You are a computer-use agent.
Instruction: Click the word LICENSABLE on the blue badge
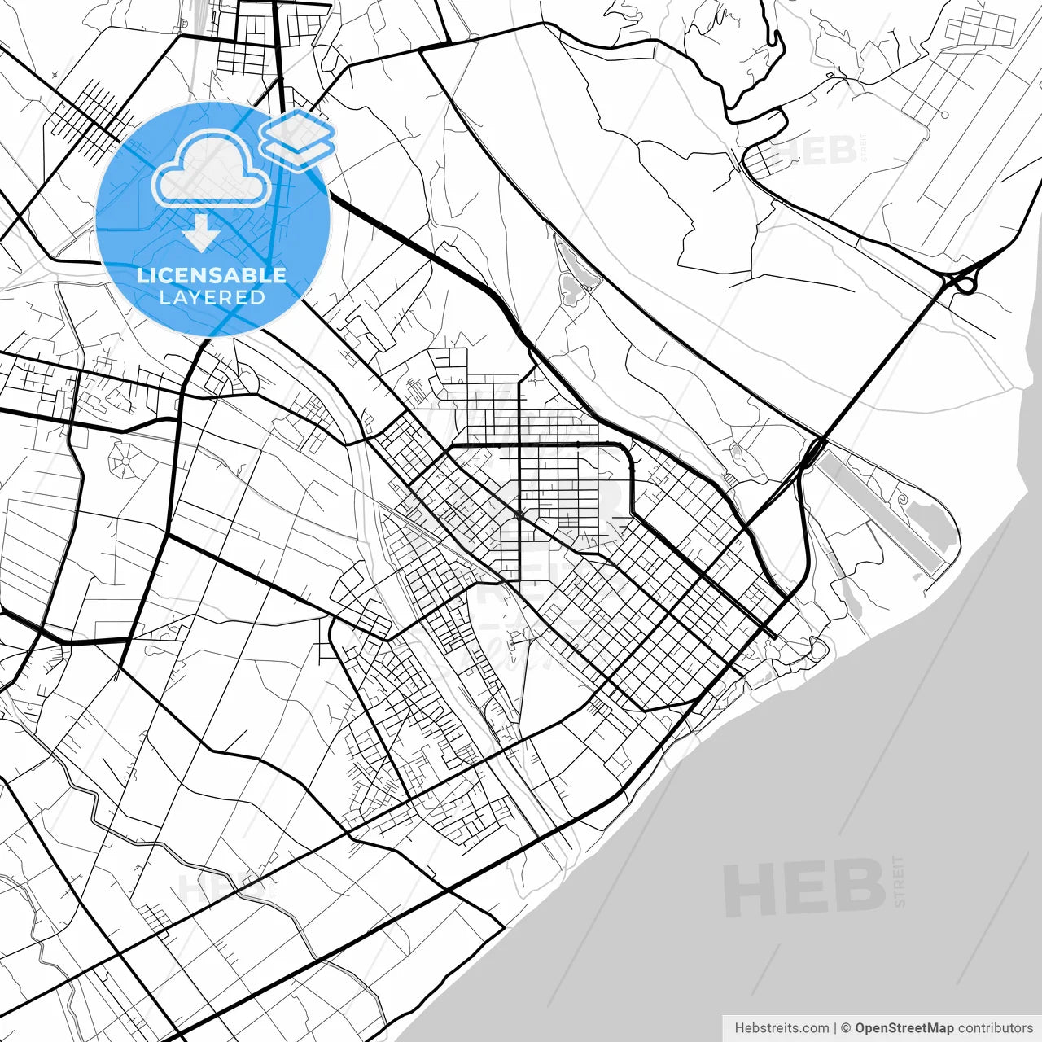[212, 275]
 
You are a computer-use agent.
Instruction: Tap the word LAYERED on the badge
[212, 297]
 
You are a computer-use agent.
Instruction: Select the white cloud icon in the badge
[212, 169]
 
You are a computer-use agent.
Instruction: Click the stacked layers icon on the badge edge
[298, 138]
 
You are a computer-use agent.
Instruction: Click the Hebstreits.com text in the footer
[781, 1028]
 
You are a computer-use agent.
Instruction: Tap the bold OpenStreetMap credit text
[904, 1028]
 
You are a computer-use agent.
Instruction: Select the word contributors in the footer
[995, 1028]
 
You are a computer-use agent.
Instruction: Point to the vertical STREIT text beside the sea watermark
[899, 881]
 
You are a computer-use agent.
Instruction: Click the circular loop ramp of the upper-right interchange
[965, 284]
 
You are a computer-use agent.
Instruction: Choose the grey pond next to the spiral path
[930, 522]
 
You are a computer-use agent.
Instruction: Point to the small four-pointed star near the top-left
[55, 75]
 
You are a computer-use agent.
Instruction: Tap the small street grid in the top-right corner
[980, 28]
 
